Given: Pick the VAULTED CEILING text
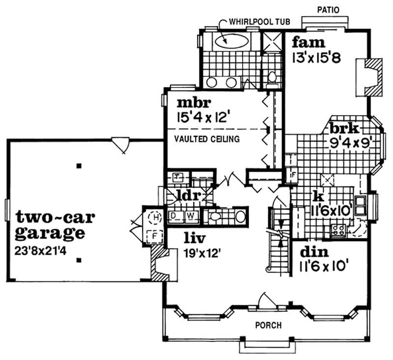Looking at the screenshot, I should point(207,139).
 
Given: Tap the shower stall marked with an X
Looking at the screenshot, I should point(270,41).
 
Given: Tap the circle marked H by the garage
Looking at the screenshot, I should point(155,216).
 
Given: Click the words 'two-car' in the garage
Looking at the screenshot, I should point(55,217).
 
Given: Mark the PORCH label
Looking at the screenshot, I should point(268,325).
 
